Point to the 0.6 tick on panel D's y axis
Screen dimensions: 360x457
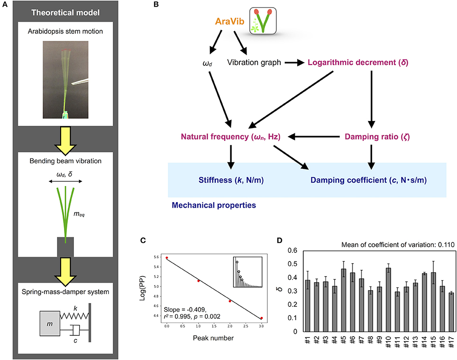tap(295, 251)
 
